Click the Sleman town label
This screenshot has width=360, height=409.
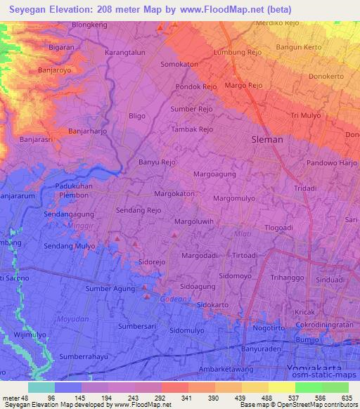267,139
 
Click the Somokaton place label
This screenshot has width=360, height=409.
179,63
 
